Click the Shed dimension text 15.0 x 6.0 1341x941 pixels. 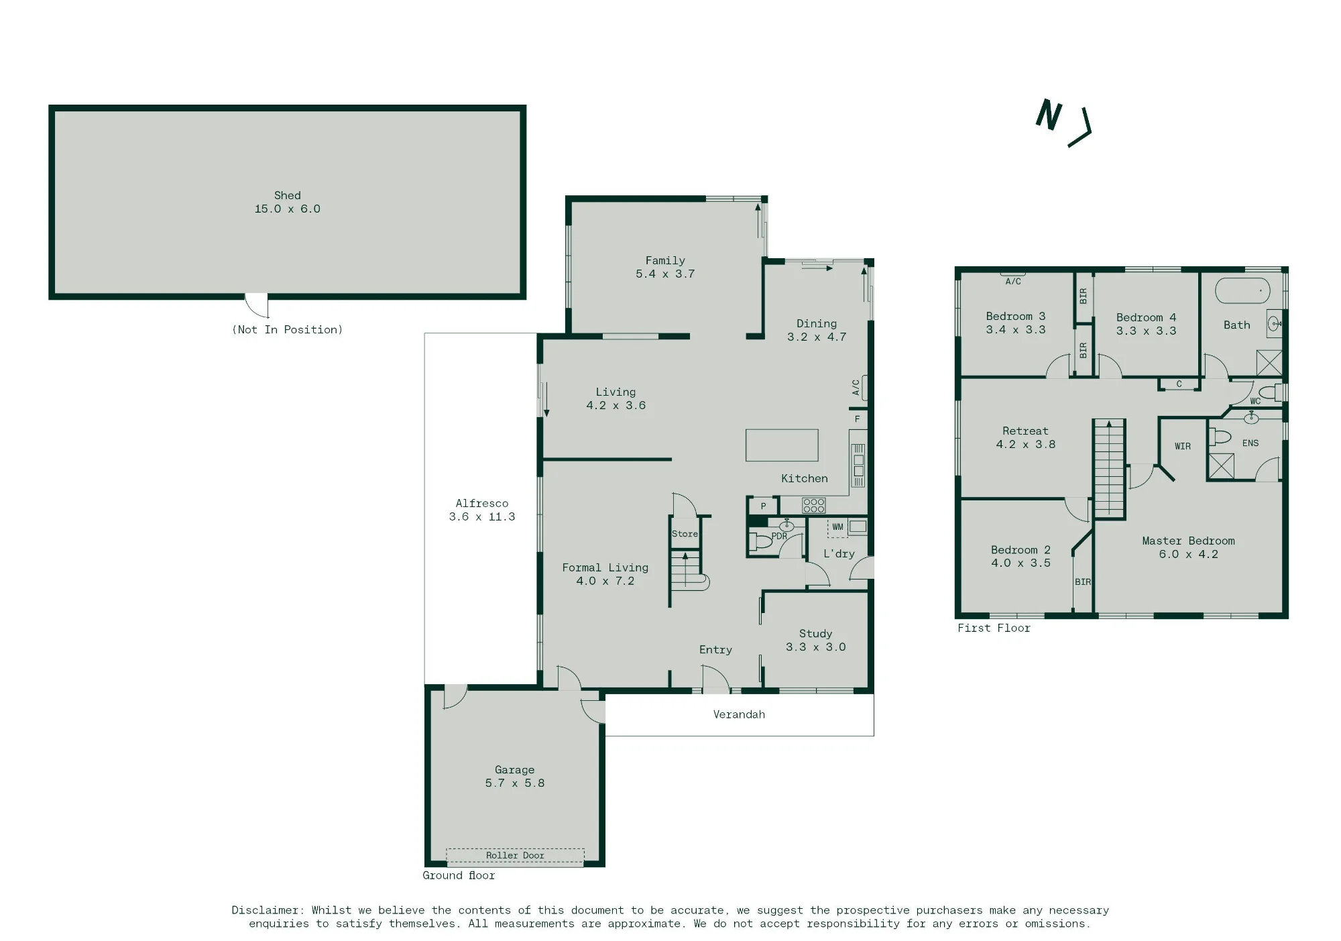click(x=287, y=209)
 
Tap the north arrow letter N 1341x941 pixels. click(x=1049, y=115)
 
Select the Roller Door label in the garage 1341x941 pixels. click(x=515, y=855)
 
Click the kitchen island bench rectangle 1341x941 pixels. click(x=782, y=445)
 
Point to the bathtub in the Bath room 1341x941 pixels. click(x=1242, y=291)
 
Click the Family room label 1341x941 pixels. click(x=665, y=260)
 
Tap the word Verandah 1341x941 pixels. click(x=739, y=714)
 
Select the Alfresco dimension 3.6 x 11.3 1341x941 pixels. click(x=482, y=516)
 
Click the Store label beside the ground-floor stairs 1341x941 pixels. click(x=685, y=534)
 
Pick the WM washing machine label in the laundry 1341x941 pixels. click(x=837, y=527)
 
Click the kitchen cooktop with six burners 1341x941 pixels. click(x=814, y=505)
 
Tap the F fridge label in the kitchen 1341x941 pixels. click(x=857, y=419)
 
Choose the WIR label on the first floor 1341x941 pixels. click(x=1183, y=446)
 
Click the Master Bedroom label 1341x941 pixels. click(x=1188, y=541)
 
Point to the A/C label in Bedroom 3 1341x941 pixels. click(x=1013, y=282)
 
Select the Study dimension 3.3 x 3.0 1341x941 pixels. click(x=815, y=647)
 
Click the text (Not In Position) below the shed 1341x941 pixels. click(x=288, y=329)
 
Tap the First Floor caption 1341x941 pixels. click(x=994, y=628)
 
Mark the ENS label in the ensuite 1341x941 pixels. click(x=1250, y=443)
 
